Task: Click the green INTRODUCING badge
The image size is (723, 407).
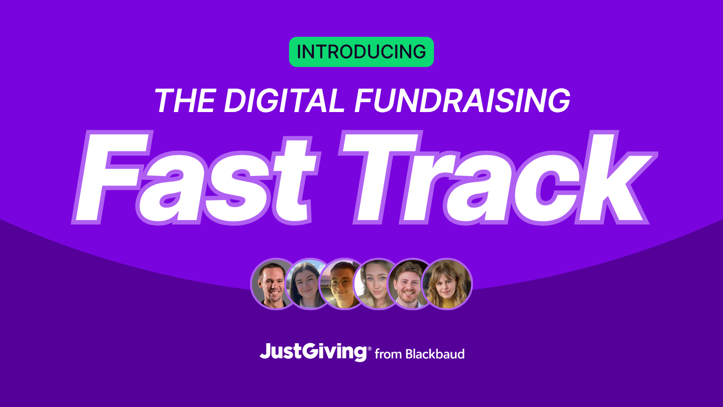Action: (361, 52)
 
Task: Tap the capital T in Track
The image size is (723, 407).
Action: (381, 178)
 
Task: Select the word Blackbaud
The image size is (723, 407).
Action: (435, 354)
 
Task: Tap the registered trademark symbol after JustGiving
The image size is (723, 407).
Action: (370, 349)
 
